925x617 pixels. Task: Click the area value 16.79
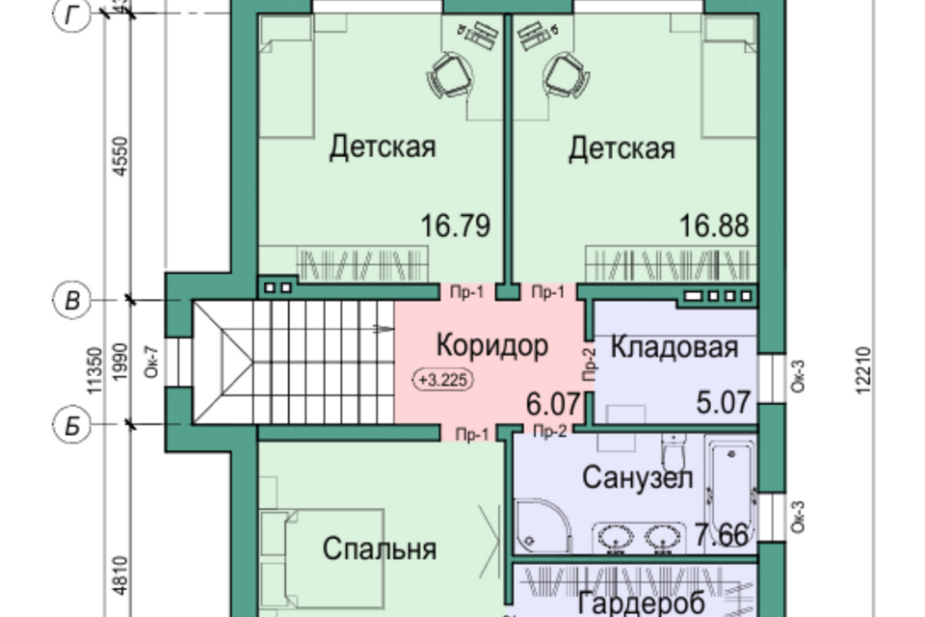(x=456, y=227)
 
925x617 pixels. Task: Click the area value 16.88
(x=713, y=227)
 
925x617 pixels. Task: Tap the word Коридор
(x=491, y=345)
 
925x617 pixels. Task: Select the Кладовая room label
(x=674, y=347)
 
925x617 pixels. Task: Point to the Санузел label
(x=638, y=477)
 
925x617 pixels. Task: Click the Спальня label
(x=379, y=550)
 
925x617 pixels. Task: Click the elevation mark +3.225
(x=443, y=380)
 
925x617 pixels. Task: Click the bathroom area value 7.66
(x=721, y=533)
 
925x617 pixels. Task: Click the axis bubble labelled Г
(x=70, y=16)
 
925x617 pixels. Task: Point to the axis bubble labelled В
(x=70, y=301)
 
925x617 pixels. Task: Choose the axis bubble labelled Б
(x=70, y=424)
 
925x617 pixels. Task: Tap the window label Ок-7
(x=149, y=364)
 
